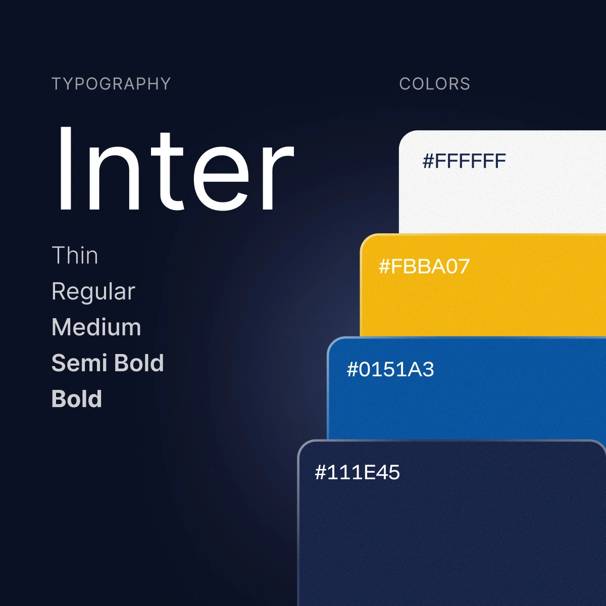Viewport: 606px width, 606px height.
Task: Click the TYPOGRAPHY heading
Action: click(111, 84)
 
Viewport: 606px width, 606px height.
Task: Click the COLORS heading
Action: click(435, 84)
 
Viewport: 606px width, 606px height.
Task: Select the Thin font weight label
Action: click(75, 255)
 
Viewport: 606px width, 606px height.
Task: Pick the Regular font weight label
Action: click(93, 292)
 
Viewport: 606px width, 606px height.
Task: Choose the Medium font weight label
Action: click(96, 327)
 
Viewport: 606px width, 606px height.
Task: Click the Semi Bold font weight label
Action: click(108, 363)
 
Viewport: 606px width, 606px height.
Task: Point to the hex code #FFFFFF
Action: click(464, 161)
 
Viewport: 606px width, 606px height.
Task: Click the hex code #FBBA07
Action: click(424, 266)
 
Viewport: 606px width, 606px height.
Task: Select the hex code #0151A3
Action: click(390, 369)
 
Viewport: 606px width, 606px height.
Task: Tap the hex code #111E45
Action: click(357, 472)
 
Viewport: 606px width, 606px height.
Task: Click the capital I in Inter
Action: click(65, 169)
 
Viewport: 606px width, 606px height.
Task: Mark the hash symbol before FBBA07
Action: click(384, 267)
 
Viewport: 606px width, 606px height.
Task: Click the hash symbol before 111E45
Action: click(320, 473)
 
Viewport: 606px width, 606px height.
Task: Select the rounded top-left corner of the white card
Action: click(404, 136)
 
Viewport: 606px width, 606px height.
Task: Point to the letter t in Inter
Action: click(167, 171)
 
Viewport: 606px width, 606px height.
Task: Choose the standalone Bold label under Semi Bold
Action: click(76, 398)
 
